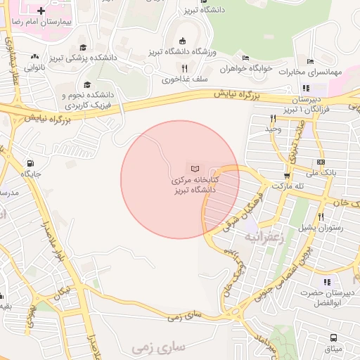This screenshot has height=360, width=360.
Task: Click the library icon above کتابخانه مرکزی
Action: (x=196, y=168)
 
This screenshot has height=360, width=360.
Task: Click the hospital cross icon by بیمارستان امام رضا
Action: (x=41, y=11)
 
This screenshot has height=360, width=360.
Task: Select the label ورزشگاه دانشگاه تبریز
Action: (x=184, y=53)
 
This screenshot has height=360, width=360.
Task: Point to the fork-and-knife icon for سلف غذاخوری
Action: (x=185, y=68)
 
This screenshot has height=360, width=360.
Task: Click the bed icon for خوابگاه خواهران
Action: (x=245, y=58)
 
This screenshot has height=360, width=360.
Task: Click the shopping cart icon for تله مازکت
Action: (x=286, y=176)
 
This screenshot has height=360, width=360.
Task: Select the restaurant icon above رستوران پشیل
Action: (x=320, y=217)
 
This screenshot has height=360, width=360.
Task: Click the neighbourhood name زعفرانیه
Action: (x=262, y=237)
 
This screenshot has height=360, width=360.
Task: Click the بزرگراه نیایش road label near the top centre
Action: (x=241, y=93)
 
